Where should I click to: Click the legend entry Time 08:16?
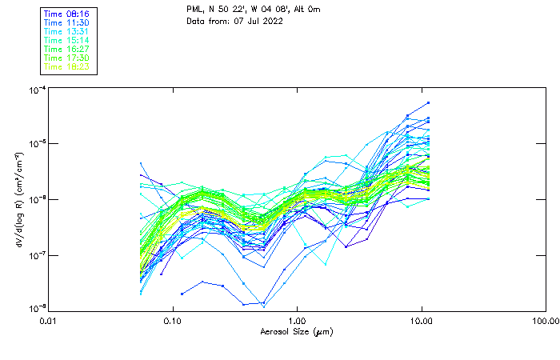pyautogui.click(x=67, y=14)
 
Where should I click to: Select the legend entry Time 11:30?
pyautogui.click(x=67, y=22)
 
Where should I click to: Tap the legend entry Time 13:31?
pyautogui.click(x=67, y=31)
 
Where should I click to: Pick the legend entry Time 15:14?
pyautogui.click(x=67, y=40)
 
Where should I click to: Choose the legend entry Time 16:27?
pyautogui.click(x=67, y=49)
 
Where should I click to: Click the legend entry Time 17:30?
pyautogui.click(x=67, y=58)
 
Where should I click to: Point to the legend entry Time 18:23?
pyautogui.click(x=67, y=66)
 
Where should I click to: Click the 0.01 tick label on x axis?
pyautogui.click(x=49, y=321)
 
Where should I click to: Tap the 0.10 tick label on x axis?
pyautogui.click(x=173, y=321)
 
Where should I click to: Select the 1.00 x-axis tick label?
pyautogui.click(x=298, y=321)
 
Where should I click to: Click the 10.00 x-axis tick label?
pyautogui.click(x=422, y=321)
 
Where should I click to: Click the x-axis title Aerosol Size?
pyautogui.click(x=296, y=331)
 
